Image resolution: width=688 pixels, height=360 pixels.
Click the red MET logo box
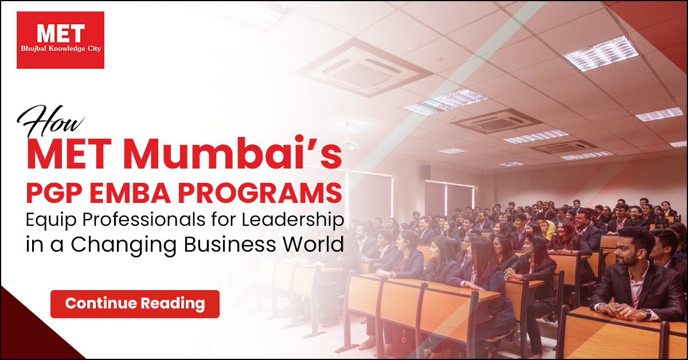[x=61, y=40]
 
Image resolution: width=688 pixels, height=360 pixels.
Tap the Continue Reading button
[x=135, y=304]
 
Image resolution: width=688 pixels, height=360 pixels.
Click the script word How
[x=50, y=121]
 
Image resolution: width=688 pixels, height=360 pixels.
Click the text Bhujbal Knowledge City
[x=61, y=49]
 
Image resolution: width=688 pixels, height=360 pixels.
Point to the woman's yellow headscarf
[x=548, y=229]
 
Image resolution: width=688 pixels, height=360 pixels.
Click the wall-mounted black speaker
[x=425, y=173]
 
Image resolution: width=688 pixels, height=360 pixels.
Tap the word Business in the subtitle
[x=229, y=244]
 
